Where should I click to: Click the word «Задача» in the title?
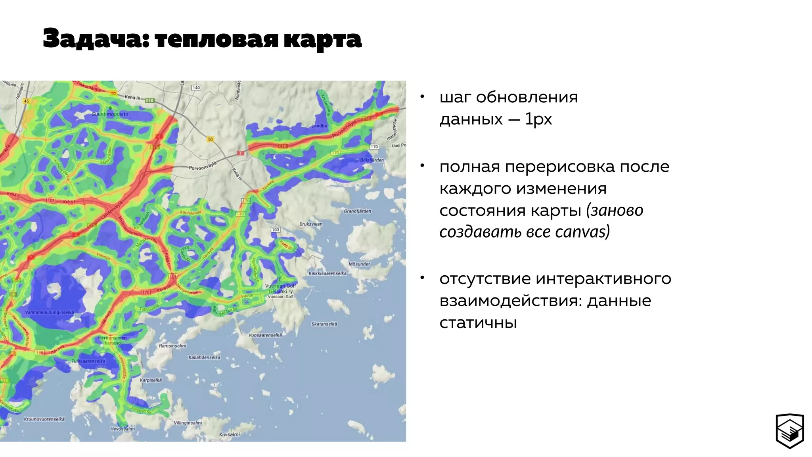click(95, 39)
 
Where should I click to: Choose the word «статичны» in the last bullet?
click(478, 323)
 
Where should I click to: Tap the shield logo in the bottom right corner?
click(789, 431)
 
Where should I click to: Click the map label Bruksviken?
click(311, 224)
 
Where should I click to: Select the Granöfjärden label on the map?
click(357, 211)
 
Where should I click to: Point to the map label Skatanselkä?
click(324, 324)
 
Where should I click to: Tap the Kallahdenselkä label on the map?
click(204, 357)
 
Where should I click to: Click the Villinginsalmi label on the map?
click(188, 423)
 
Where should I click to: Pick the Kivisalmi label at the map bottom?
click(230, 434)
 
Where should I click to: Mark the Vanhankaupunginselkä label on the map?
click(50, 313)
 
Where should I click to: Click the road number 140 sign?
click(196, 88)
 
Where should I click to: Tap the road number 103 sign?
click(276, 230)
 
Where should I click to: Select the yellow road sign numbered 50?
click(211, 139)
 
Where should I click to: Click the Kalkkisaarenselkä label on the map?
click(327, 273)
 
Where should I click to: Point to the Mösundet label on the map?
click(359, 264)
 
